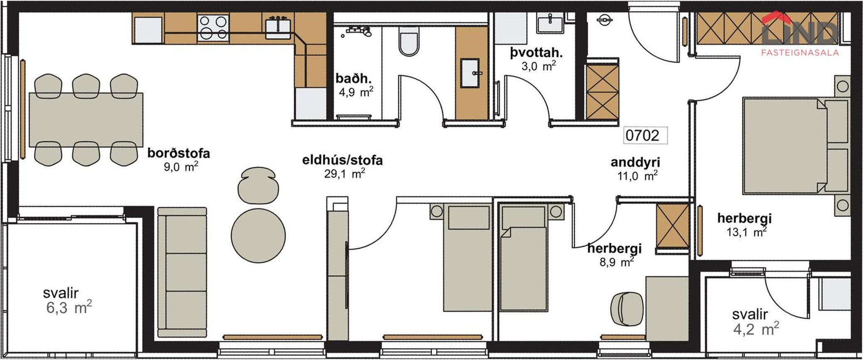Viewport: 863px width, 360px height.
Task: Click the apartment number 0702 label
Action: point(642,135)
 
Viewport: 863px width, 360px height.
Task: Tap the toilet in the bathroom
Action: point(408,42)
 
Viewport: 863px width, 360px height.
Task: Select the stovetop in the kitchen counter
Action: point(214,27)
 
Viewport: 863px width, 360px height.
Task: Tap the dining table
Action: point(86,120)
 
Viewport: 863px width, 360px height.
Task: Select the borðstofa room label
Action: point(179,153)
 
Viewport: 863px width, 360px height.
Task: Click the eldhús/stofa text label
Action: point(342,160)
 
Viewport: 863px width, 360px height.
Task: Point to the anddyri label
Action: point(635,162)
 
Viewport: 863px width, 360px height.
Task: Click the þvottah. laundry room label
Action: point(536,53)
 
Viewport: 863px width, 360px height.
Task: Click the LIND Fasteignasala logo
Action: point(799,35)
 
